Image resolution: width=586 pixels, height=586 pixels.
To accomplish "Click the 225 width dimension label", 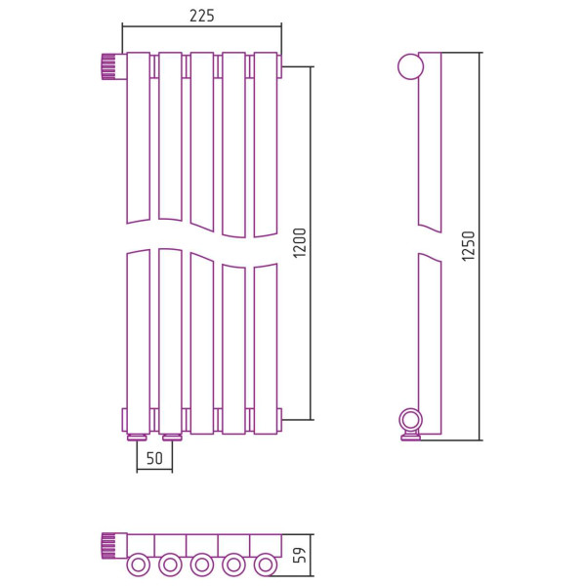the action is [202, 16].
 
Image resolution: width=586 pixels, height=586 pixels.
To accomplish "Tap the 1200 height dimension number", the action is [300, 243].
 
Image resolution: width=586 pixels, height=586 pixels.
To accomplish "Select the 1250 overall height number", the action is [468, 245].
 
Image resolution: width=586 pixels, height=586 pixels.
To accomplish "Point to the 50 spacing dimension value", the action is [154, 458].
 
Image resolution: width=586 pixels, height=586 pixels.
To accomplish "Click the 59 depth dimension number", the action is [300, 555].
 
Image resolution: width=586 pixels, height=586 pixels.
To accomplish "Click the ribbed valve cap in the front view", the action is [108, 66].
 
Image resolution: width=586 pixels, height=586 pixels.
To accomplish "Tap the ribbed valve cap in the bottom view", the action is [108, 546].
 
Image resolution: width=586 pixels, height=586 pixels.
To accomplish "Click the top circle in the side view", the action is [410, 66].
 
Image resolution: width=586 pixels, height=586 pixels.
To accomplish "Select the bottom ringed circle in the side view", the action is [410, 420].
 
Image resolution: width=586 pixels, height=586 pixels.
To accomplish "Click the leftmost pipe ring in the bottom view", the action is [139, 565].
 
